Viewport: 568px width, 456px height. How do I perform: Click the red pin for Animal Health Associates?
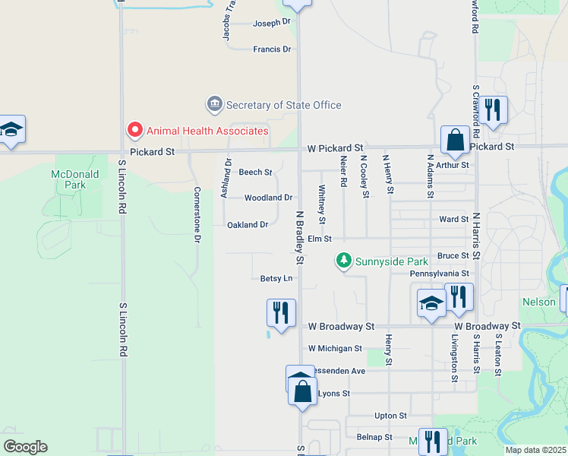point(135,131)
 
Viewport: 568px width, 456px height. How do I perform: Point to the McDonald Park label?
point(70,179)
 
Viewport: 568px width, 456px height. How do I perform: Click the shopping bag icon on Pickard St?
point(455,140)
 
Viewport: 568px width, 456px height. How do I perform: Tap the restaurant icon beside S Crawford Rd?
point(494,110)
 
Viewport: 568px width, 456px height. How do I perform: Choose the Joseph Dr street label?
point(272,22)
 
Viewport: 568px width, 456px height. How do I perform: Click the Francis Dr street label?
point(272,49)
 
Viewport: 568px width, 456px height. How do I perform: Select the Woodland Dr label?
point(268,198)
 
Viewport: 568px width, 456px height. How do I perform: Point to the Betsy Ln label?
point(276,279)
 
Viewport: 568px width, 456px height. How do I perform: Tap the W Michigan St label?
point(335,348)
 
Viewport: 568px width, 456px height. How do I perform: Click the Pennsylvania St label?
point(439,273)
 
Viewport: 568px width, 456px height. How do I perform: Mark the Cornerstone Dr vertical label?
point(197,214)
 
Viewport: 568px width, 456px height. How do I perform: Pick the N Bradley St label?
point(300,238)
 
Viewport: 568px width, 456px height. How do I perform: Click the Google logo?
point(25,447)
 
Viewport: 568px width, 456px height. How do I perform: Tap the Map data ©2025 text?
point(536,450)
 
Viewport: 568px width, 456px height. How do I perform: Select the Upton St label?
point(391,416)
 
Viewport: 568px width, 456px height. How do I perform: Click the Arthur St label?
point(454,164)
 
